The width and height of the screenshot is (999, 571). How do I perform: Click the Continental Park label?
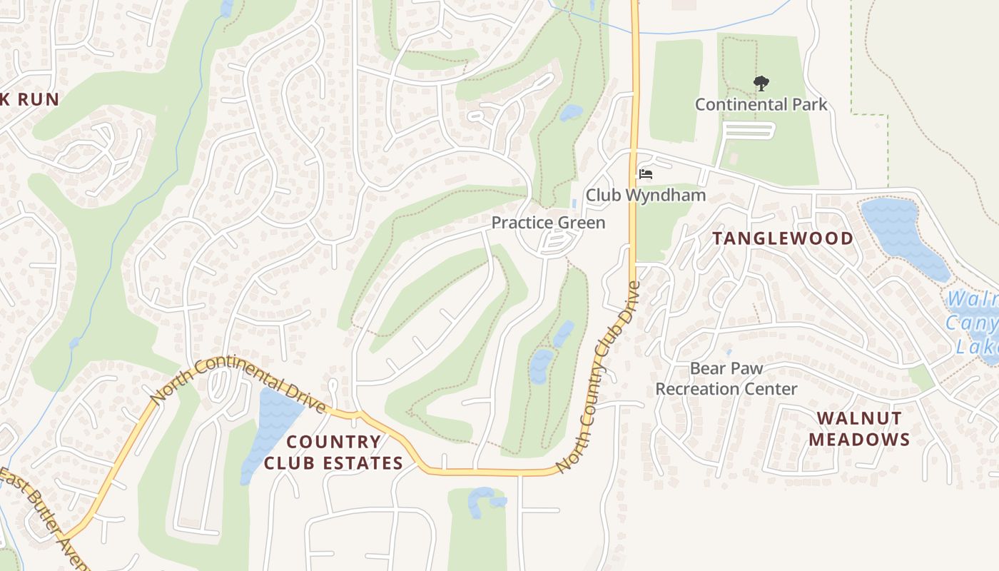[x=761, y=105]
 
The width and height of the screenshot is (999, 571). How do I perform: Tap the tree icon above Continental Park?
[x=761, y=84]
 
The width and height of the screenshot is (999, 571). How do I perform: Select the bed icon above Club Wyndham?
[x=646, y=173]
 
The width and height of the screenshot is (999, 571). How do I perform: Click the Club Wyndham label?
[x=646, y=195]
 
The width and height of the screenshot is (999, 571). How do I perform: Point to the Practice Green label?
[x=548, y=223]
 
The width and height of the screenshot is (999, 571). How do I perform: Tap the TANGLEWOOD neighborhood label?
[x=783, y=238]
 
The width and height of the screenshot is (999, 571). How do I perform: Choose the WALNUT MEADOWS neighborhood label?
[x=859, y=428]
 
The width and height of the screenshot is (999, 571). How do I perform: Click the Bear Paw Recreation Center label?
[x=726, y=379]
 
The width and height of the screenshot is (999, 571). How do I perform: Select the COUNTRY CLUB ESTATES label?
[x=333, y=453]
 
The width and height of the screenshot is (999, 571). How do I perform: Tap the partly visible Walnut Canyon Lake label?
[x=974, y=322]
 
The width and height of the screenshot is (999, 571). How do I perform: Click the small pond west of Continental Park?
[x=571, y=113]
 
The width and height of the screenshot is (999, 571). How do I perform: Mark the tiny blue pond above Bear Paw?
[x=728, y=352]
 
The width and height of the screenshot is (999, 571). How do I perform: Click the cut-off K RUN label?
[x=29, y=99]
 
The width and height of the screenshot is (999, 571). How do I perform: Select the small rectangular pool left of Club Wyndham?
[x=574, y=203]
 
